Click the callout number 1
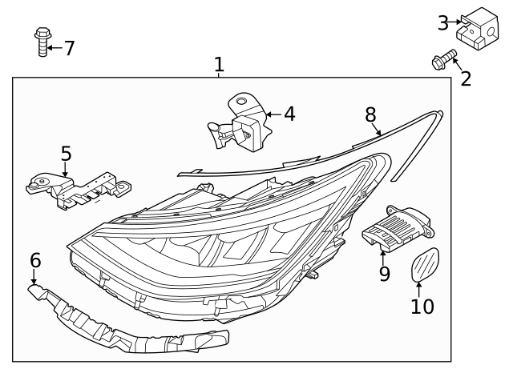tap(219, 64)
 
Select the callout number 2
tap(466, 78)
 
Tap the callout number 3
tap(443, 23)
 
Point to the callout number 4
tap(289, 114)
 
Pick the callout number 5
tap(66, 153)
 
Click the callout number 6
tap(35, 260)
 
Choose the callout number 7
tap(69, 48)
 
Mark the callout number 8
tap(371, 114)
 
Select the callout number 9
tap(384, 274)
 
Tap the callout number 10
tap(422, 306)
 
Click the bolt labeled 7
tap(42, 42)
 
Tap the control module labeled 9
tap(398, 227)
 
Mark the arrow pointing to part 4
tap(272, 114)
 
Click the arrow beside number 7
tap(55, 48)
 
